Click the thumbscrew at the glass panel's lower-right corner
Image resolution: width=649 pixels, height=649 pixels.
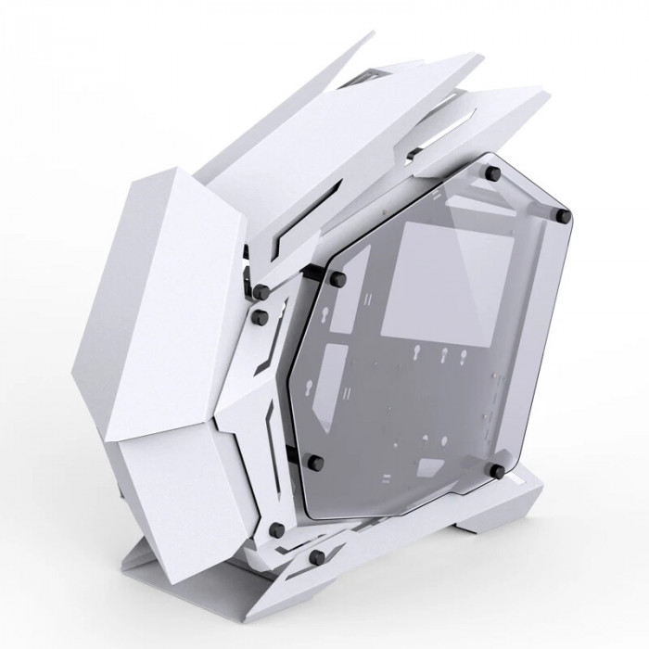pyautogui.click(x=499, y=471)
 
